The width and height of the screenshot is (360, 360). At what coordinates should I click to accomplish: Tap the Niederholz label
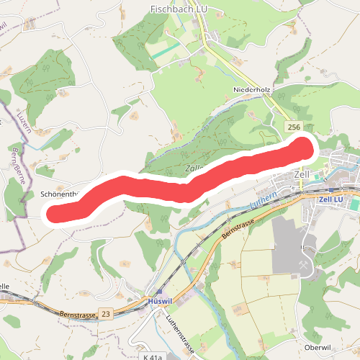[x=251, y=89]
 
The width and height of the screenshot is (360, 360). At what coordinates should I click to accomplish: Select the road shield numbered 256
[x=292, y=127]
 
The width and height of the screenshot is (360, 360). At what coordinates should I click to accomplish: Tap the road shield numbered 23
[x=107, y=313]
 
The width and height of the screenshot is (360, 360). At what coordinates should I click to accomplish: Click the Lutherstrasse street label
[x=181, y=331]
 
